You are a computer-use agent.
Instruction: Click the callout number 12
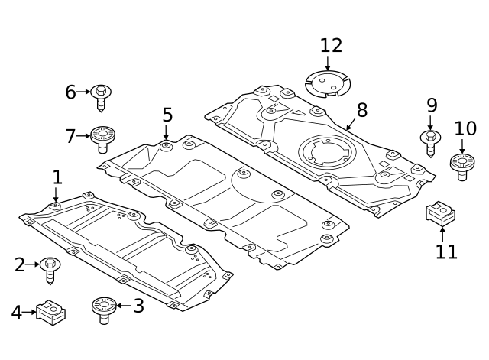coord(331,46)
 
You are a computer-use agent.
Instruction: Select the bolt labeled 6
coord(101,96)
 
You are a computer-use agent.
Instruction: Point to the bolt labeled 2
coord(50,268)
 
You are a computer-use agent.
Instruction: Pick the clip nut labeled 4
coord(51,312)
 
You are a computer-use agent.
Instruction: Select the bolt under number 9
coord(430,142)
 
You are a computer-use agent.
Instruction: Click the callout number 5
coord(167,115)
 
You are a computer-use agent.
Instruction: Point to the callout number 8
coord(361,110)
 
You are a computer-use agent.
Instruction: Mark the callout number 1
coord(57,177)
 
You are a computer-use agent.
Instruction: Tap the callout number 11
coord(446,251)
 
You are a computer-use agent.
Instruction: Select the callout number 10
coord(465,128)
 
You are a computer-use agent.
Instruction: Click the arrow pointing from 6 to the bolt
coord(83,92)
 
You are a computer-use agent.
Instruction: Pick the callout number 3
coord(138,306)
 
